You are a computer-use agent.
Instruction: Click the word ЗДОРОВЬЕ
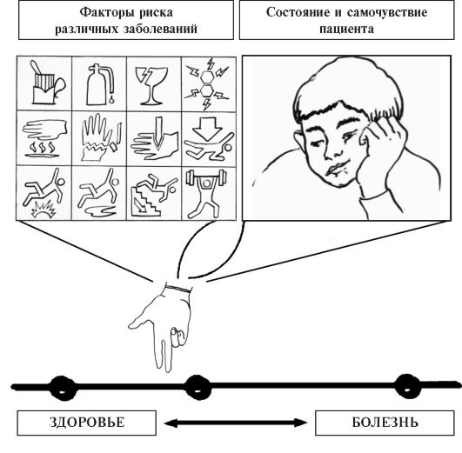pyautogui.click(x=87, y=422)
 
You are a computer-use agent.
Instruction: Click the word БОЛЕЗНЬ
pyautogui.click(x=385, y=422)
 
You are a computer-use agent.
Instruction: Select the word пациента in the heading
pyautogui.click(x=347, y=30)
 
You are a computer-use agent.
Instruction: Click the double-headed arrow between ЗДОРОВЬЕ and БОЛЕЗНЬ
pyautogui.click(x=236, y=423)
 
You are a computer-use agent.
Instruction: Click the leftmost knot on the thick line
pyautogui.click(x=62, y=388)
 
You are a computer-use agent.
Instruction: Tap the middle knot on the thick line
pyautogui.click(x=198, y=387)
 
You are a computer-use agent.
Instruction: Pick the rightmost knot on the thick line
pyautogui.click(x=407, y=386)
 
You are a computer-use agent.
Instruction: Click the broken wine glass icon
pyautogui.click(x=151, y=86)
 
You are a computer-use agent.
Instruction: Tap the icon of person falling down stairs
pyautogui.click(x=153, y=195)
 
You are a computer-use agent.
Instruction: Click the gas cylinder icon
pyautogui.click(x=99, y=84)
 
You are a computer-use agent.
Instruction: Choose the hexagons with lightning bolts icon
pyautogui.click(x=207, y=84)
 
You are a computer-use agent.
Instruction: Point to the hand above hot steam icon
pyautogui.click(x=44, y=138)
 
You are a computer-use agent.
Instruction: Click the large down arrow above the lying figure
pyautogui.click(x=207, y=129)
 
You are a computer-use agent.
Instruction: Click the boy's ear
pyautogui.click(x=300, y=142)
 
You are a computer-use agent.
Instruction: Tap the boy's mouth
pyautogui.click(x=334, y=170)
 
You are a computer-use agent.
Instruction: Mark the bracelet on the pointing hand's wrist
pyautogui.click(x=178, y=288)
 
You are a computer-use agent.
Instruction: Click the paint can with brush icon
pyautogui.click(x=47, y=83)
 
